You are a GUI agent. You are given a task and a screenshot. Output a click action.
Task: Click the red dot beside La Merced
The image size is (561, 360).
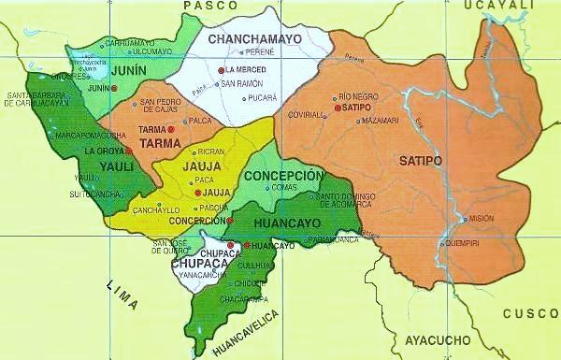click(222, 71)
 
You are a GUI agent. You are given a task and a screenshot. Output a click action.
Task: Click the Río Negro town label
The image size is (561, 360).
click(359, 96)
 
